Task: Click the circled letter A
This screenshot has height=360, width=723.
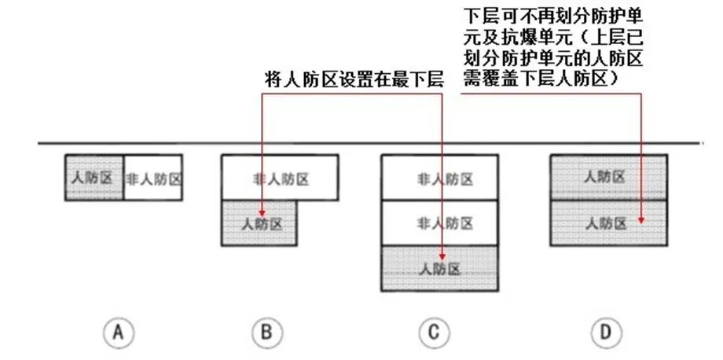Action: pos(118,333)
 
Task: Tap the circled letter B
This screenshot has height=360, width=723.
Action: pos(267,333)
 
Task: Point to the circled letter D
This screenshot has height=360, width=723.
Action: pos(605,333)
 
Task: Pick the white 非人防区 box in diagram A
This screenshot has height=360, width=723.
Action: pos(154,178)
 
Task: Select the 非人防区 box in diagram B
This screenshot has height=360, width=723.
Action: pos(281,178)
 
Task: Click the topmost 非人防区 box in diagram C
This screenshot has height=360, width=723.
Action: pos(440,178)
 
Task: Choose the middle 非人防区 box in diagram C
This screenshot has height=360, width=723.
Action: pos(440,222)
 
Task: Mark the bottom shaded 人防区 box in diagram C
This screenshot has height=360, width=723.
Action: pos(440,268)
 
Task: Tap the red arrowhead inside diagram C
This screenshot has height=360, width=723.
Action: pos(443,257)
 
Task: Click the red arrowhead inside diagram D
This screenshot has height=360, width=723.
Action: pos(643,221)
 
